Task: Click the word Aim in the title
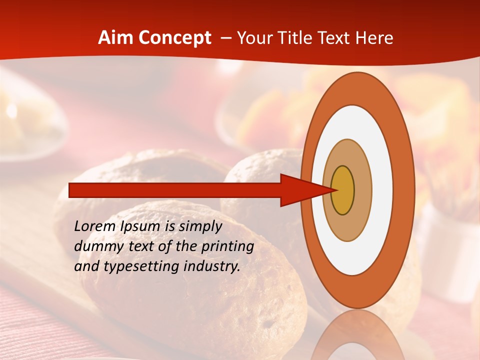click(115, 38)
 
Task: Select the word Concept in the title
click(173, 38)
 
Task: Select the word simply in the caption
click(200, 227)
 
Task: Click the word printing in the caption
click(228, 247)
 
